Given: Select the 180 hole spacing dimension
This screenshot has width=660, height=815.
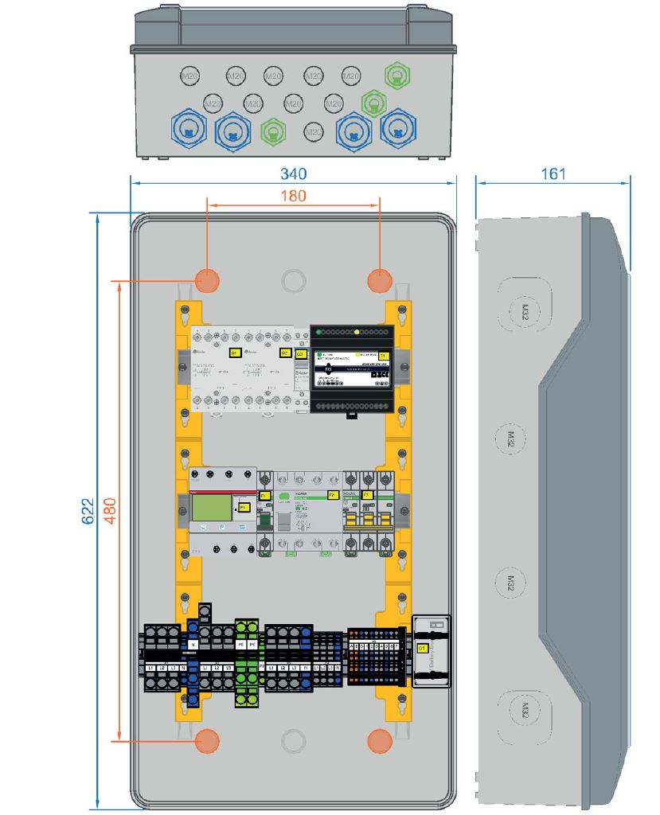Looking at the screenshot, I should (x=293, y=196).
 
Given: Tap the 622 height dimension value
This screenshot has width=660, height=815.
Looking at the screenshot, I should (x=88, y=511).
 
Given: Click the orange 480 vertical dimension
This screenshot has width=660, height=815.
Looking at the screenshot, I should (x=109, y=511).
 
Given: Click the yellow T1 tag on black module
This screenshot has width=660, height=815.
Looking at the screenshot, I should (x=383, y=355).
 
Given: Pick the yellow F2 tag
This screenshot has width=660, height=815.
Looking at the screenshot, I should (x=332, y=495).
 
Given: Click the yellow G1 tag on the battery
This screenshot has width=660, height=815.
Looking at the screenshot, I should (x=422, y=649).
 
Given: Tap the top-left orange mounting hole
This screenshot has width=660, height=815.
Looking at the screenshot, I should (x=207, y=280).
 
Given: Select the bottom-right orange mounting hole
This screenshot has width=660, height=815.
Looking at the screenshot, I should (x=380, y=740).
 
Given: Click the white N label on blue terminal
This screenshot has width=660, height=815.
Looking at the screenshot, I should (x=193, y=643).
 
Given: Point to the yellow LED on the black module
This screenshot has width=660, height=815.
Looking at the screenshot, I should (x=357, y=330).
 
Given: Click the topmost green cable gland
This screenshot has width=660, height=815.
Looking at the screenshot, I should (x=396, y=76).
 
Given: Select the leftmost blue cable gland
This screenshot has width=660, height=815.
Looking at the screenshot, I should (x=189, y=128).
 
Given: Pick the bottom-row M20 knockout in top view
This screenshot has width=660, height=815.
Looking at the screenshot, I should (x=314, y=130).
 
